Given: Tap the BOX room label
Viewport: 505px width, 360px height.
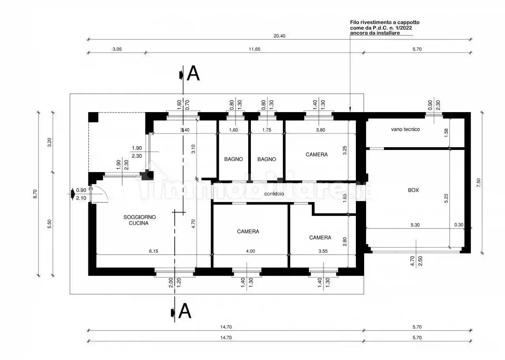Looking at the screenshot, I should click(413, 190).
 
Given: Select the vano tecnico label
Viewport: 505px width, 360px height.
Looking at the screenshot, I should click(405, 129).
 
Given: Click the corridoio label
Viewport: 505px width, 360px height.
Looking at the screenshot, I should click(274, 194).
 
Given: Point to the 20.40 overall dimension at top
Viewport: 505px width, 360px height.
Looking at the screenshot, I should click(279, 36).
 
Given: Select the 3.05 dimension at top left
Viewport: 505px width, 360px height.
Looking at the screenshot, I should click(117, 49).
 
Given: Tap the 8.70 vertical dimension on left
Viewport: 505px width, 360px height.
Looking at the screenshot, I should click(35, 194).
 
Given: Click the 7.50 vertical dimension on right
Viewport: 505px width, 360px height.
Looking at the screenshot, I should click(479, 182).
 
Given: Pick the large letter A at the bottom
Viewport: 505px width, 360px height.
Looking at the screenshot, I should click(185, 311).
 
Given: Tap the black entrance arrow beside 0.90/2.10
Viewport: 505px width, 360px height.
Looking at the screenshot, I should click(73, 193).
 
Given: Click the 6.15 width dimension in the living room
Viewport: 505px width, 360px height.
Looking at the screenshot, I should click(153, 251).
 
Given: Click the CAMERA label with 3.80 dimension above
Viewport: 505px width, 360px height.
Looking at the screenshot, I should click(316, 154).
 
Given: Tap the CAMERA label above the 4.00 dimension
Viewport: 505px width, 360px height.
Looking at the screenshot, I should click(248, 231).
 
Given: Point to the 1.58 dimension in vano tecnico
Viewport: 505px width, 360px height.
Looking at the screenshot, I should click(446, 133).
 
